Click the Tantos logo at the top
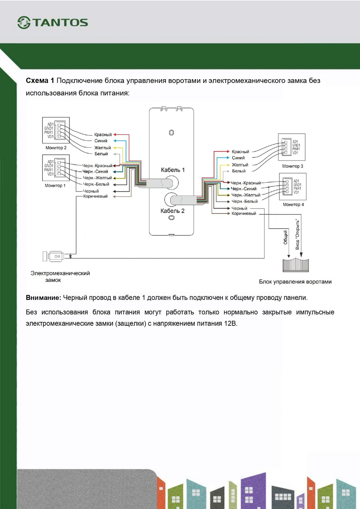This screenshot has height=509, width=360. pyautogui.click(x=53, y=22)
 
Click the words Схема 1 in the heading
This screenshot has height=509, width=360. pyautogui.click(x=40, y=81)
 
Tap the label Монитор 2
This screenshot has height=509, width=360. pyautogui.click(x=56, y=148)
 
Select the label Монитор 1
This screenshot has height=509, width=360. pyautogui.click(x=55, y=186)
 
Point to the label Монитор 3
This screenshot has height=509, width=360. pyautogui.click(x=292, y=166)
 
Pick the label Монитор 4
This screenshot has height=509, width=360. pyautogui.click(x=293, y=205)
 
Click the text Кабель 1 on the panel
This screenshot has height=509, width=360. pyautogui.click(x=172, y=170)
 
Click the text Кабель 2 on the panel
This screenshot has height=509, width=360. pyautogui.click(x=172, y=211)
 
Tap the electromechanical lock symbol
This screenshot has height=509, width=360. pyautogui.click(x=54, y=256)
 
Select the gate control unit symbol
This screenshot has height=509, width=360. pyautogui.click(x=296, y=265)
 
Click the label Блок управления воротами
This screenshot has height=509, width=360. pyautogui.click(x=295, y=282)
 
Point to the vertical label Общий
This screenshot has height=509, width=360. pyautogui.click(x=285, y=237)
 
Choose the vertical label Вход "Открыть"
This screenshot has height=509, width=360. pyautogui.click(x=297, y=234)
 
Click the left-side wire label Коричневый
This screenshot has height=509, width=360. pyautogui.click(x=95, y=197)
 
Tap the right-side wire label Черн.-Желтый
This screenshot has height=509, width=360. pyautogui.click(x=246, y=195)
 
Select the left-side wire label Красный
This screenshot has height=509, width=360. pyautogui.click(x=103, y=135)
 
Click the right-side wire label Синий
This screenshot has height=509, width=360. pyautogui.click(x=238, y=158)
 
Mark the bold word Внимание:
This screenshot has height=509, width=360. pyautogui.click(x=43, y=298)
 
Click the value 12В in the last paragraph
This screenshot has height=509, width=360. pyautogui.click(x=230, y=323)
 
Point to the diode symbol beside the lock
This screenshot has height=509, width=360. pyautogui.click(x=71, y=256)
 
